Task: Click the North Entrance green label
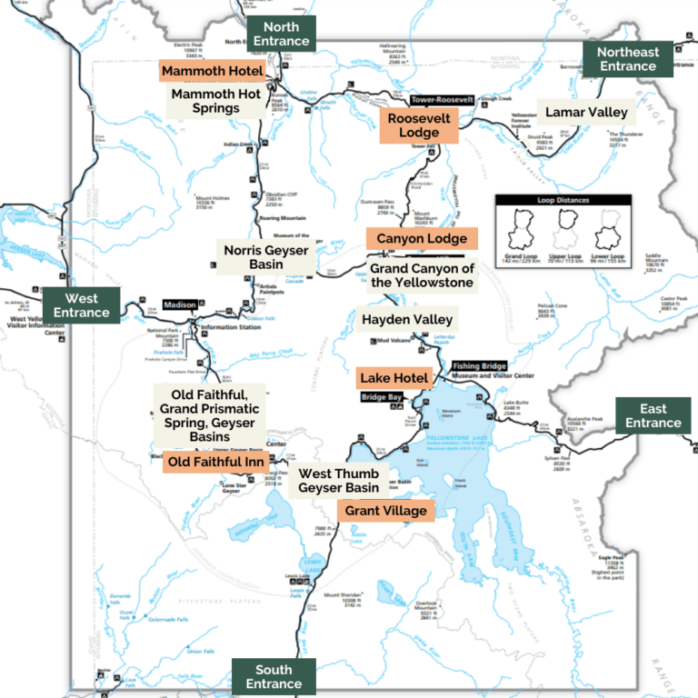coord(282,33)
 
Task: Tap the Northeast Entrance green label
coord(627,59)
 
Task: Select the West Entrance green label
coord(81,305)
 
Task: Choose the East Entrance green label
coord(653,415)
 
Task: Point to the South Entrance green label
coord(274,676)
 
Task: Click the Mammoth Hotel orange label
coord(213,71)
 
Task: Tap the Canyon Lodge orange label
coord(422,239)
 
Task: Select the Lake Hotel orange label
coord(394,378)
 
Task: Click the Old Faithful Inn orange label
coord(214,463)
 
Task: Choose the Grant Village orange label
coord(384,511)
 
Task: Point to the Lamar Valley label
coord(586,113)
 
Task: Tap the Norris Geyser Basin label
coord(266,257)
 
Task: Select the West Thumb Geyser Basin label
coord(338,481)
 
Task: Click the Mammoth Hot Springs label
coord(216,101)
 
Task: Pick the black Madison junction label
coord(180,305)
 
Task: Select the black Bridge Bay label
coord(381,398)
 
